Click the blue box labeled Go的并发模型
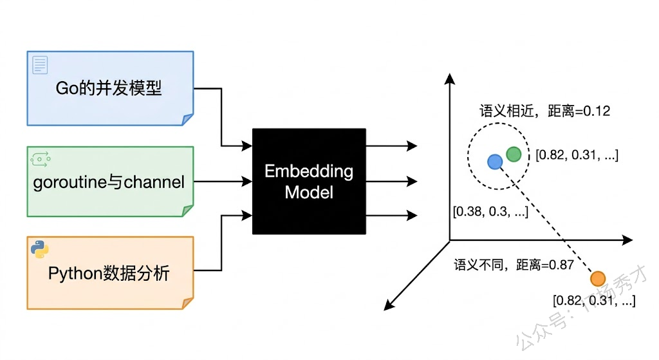[109, 88]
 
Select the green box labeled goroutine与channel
[109, 182]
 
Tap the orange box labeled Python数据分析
[109, 273]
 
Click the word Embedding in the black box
[309, 171]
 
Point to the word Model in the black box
[309, 192]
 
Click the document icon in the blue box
[41, 65]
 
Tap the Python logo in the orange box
[40, 249]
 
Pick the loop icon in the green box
[40, 156]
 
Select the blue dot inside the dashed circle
[494, 162]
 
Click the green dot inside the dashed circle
[514, 154]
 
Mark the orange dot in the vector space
[598, 279]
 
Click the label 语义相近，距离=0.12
[544, 111]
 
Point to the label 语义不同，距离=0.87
[514, 265]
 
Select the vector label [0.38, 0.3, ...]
[491, 211]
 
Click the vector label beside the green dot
[577, 155]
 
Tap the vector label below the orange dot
[594, 300]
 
